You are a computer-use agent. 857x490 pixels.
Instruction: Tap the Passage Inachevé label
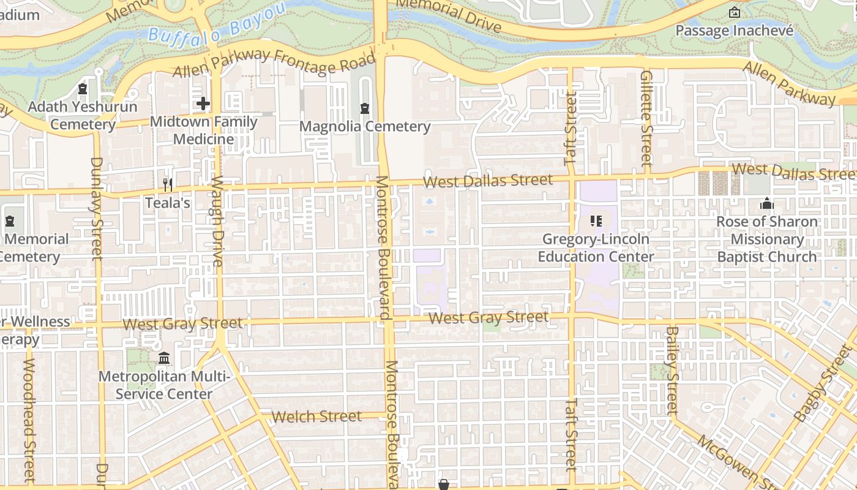[x=734, y=30]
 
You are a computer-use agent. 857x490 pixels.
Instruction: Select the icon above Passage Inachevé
[x=734, y=12]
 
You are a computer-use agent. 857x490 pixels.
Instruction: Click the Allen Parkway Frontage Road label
[x=274, y=63]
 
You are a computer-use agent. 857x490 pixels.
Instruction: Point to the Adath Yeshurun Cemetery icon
[x=83, y=89]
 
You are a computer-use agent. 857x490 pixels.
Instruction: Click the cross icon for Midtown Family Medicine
[x=203, y=104]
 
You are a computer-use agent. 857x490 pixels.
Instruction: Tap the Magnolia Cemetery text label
[x=365, y=127]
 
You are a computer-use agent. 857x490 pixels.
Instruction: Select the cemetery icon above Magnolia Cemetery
[x=365, y=109]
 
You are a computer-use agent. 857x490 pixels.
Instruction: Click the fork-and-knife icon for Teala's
[x=167, y=184]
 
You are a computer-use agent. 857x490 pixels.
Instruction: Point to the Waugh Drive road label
[x=217, y=221]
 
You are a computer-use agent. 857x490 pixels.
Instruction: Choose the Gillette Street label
[x=646, y=118]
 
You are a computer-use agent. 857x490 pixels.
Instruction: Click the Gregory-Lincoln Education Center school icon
[x=596, y=221]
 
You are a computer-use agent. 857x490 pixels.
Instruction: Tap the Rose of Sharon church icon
[x=766, y=204]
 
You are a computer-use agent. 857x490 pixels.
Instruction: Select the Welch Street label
[x=316, y=417]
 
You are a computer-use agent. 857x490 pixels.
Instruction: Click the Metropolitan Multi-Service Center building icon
[x=164, y=358]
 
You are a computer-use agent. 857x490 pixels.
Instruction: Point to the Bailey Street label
[x=672, y=371]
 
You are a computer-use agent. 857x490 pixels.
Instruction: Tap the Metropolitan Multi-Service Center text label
[x=164, y=385]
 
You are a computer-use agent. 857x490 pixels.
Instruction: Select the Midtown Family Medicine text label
[x=203, y=130]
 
